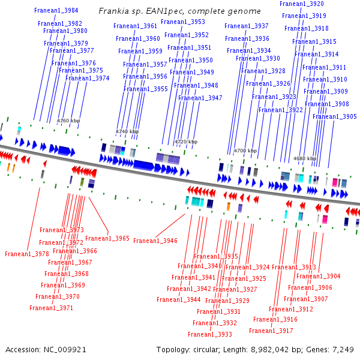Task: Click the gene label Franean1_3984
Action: pos(56,11)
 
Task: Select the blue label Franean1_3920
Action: pos(302,4)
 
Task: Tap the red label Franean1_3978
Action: pos(27,254)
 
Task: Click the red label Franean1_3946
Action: pos(155,241)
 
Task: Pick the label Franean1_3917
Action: pos(271,331)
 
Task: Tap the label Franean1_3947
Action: pos(200,98)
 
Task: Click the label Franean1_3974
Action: pos(88,78)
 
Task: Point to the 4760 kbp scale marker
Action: pos(68,121)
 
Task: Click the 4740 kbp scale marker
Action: pos(127,131)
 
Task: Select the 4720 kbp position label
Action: pos(185,142)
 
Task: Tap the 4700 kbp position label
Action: pos(245,151)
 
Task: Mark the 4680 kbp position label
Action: pos(304,158)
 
